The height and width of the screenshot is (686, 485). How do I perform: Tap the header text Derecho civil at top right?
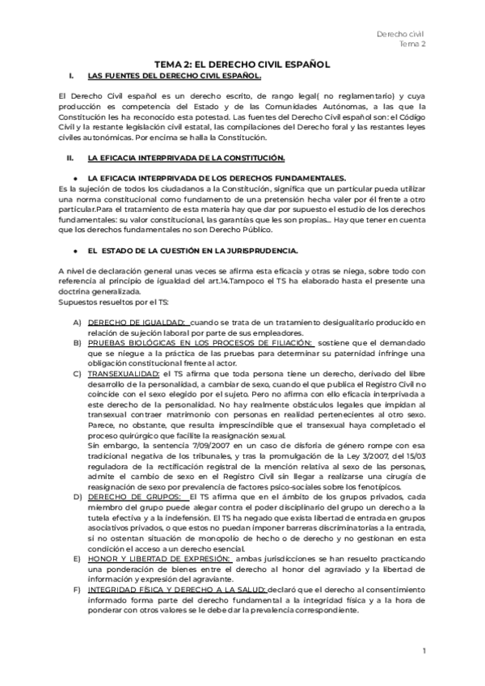(x=402, y=33)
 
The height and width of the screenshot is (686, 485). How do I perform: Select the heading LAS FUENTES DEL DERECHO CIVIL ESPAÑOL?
(x=174, y=76)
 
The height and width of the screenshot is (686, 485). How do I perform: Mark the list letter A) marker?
(x=76, y=322)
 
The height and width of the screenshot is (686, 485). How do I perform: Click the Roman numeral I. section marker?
(x=72, y=76)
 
